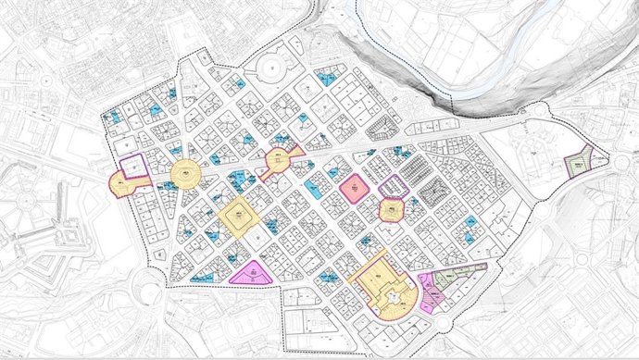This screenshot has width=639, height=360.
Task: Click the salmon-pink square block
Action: [353, 188]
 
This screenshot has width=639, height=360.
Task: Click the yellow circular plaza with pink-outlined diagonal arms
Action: [278, 163]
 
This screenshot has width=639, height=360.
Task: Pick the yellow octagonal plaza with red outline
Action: [393, 212]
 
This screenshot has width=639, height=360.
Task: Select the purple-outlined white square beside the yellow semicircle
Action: [134, 165]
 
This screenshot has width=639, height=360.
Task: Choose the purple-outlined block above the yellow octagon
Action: [395, 186]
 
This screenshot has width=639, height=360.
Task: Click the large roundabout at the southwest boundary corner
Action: [148, 282]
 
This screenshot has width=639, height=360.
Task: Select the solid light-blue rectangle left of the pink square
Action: [316, 189]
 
